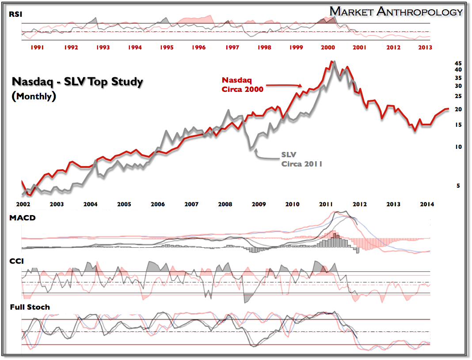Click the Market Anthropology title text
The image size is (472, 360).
point(396,11)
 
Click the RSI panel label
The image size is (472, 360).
point(15,15)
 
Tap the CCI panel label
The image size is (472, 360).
point(17,261)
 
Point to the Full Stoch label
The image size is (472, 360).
point(30,307)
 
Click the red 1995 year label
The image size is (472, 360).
point(166,47)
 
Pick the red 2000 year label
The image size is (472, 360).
point(327,47)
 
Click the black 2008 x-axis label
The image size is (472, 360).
point(225,204)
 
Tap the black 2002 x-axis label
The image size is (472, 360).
point(23,204)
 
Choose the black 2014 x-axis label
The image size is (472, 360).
point(426,204)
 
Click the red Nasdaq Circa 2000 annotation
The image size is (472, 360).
point(242,84)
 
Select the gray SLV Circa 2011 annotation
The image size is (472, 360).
point(302,159)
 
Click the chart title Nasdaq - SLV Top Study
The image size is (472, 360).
point(77,82)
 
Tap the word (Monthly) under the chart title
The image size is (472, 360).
point(34,96)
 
